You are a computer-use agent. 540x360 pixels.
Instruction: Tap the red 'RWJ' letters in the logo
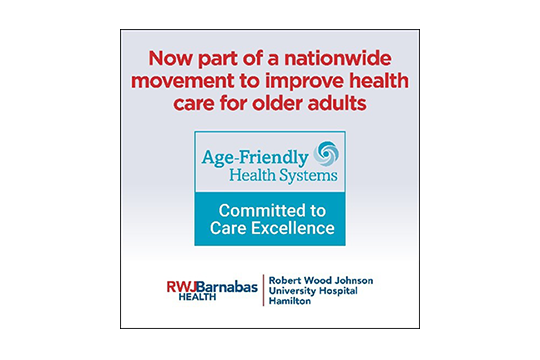click(183, 286)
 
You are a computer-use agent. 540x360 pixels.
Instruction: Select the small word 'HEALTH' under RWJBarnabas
click(184, 298)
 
